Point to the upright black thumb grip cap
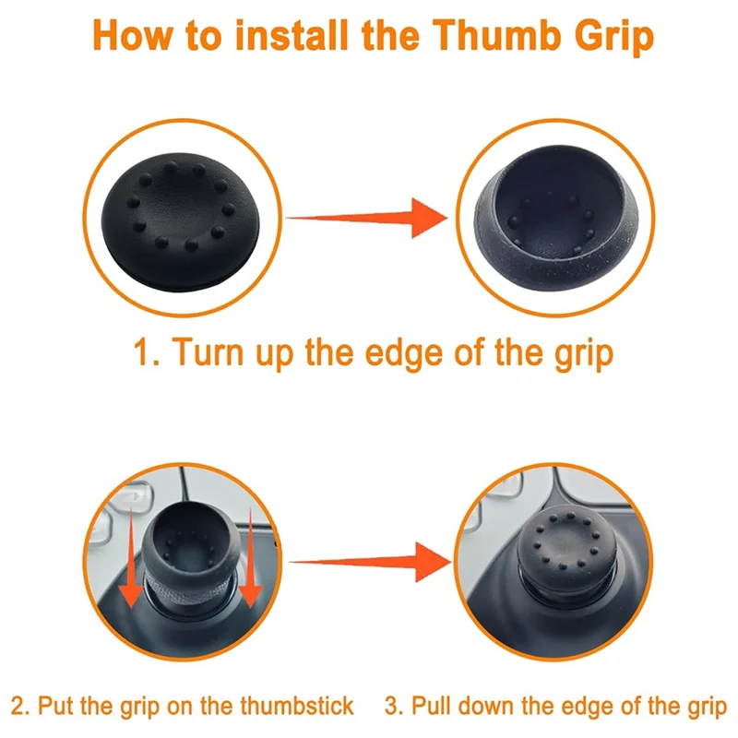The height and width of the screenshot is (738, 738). (x=181, y=221)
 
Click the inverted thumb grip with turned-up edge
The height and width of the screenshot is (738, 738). (x=556, y=218)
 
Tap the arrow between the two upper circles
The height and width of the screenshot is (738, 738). (x=367, y=218)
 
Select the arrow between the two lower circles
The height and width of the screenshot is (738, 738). (x=371, y=562)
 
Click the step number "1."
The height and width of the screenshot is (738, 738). (x=147, y=352)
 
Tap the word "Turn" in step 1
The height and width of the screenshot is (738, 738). (x=208, y=351)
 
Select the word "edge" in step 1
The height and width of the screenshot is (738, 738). (x=404, y=354)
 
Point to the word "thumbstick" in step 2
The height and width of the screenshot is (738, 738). (x=296, y=706)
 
